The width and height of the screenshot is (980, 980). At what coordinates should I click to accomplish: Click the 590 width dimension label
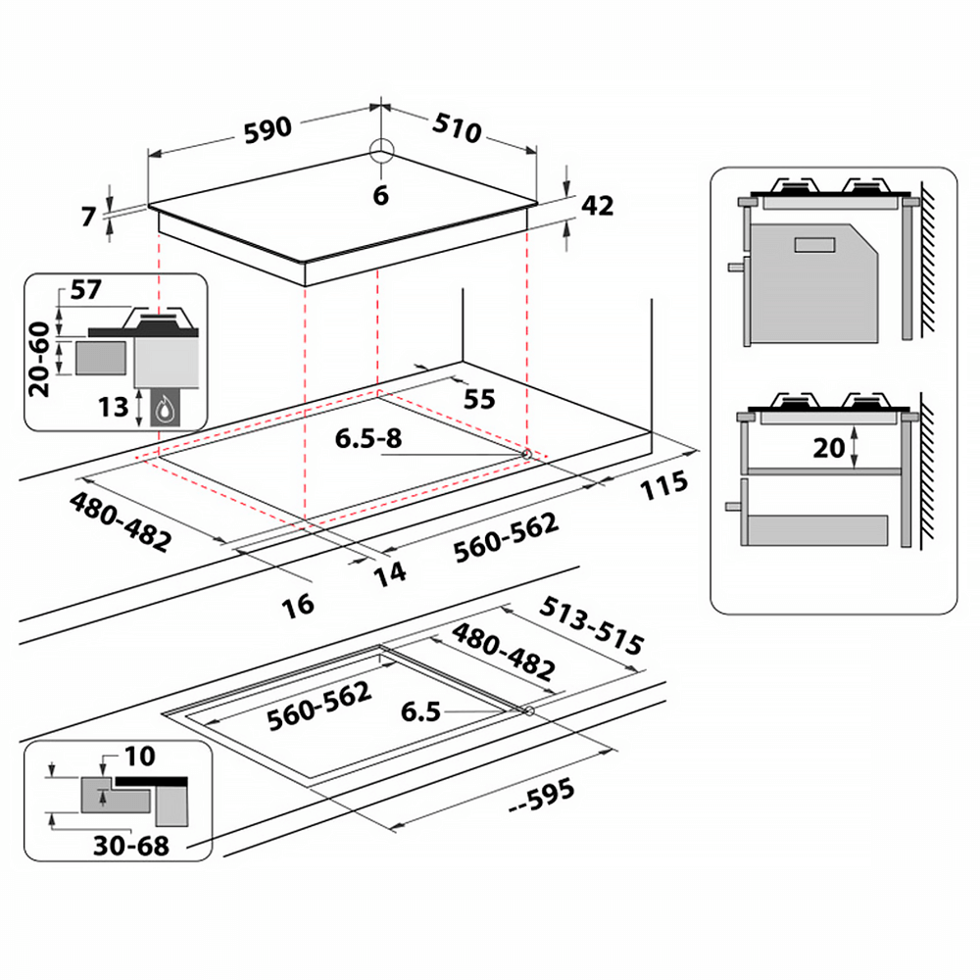point(268,130)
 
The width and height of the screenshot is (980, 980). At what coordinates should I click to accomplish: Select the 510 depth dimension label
point(458,128)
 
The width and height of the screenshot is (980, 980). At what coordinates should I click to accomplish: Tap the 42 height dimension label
point(598,206)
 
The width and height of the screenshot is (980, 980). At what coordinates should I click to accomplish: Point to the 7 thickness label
point(89,217)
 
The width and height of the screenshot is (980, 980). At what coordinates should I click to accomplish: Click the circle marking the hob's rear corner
point(382,151)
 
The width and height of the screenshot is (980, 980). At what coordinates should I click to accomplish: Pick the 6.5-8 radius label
point(368,438)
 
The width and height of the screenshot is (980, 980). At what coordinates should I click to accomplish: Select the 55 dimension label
point(479,400)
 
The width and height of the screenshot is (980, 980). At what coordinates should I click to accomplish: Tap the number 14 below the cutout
point(390,573)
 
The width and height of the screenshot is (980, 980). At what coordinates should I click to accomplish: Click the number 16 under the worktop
point(298,605)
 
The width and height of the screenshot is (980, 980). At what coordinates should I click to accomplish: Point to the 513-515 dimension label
point(591,625)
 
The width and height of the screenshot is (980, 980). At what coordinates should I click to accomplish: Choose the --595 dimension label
point(541,796)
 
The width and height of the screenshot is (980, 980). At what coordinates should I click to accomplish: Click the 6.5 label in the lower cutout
point(420,711)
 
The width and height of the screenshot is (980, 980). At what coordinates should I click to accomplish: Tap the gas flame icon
point(166,410)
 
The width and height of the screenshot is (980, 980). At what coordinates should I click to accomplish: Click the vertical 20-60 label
point(39,360)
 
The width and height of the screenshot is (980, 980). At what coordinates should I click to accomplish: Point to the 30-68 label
point(131,846)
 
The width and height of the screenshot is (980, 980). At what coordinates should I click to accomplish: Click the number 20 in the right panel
point(829,448)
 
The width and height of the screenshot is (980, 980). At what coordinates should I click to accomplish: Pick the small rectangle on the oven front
point(814,245)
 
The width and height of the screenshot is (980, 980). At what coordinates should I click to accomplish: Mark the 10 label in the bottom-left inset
point(140,757)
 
